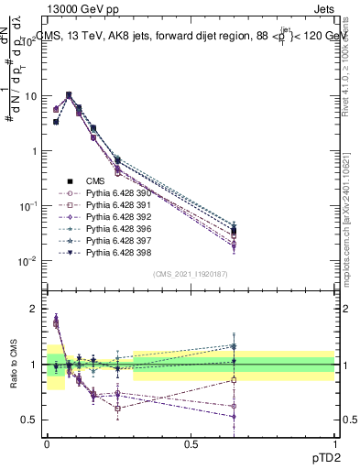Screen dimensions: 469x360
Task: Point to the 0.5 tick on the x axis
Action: pos(191,443)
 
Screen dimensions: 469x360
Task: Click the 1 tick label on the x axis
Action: pos(335,443)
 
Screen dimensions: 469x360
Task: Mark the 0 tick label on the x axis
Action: pos(47,443)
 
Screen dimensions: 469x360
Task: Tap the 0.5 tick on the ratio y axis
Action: pos(29,420)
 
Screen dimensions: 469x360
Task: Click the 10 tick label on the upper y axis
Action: pos(29,96)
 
